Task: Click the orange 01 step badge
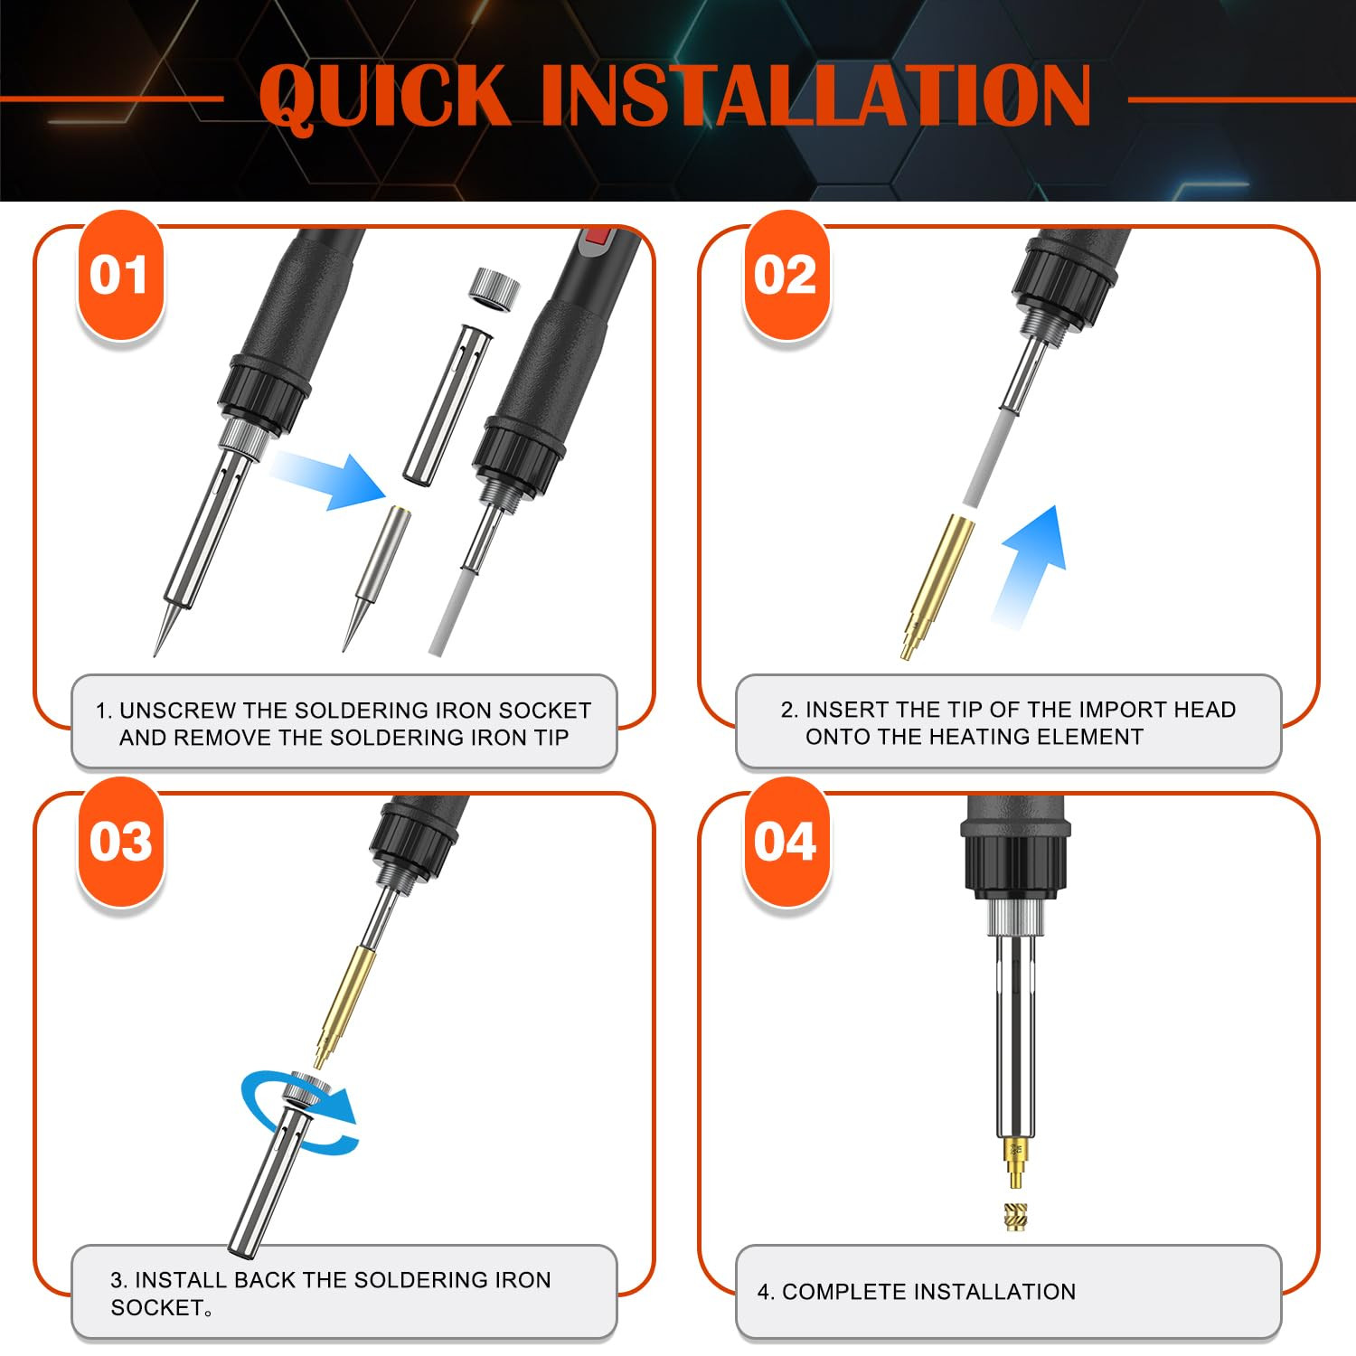[120, 275]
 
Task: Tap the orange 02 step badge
[786, 275]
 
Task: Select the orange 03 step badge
[120, 842]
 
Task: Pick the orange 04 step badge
[786, 842]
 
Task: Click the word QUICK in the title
[384, 96]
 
